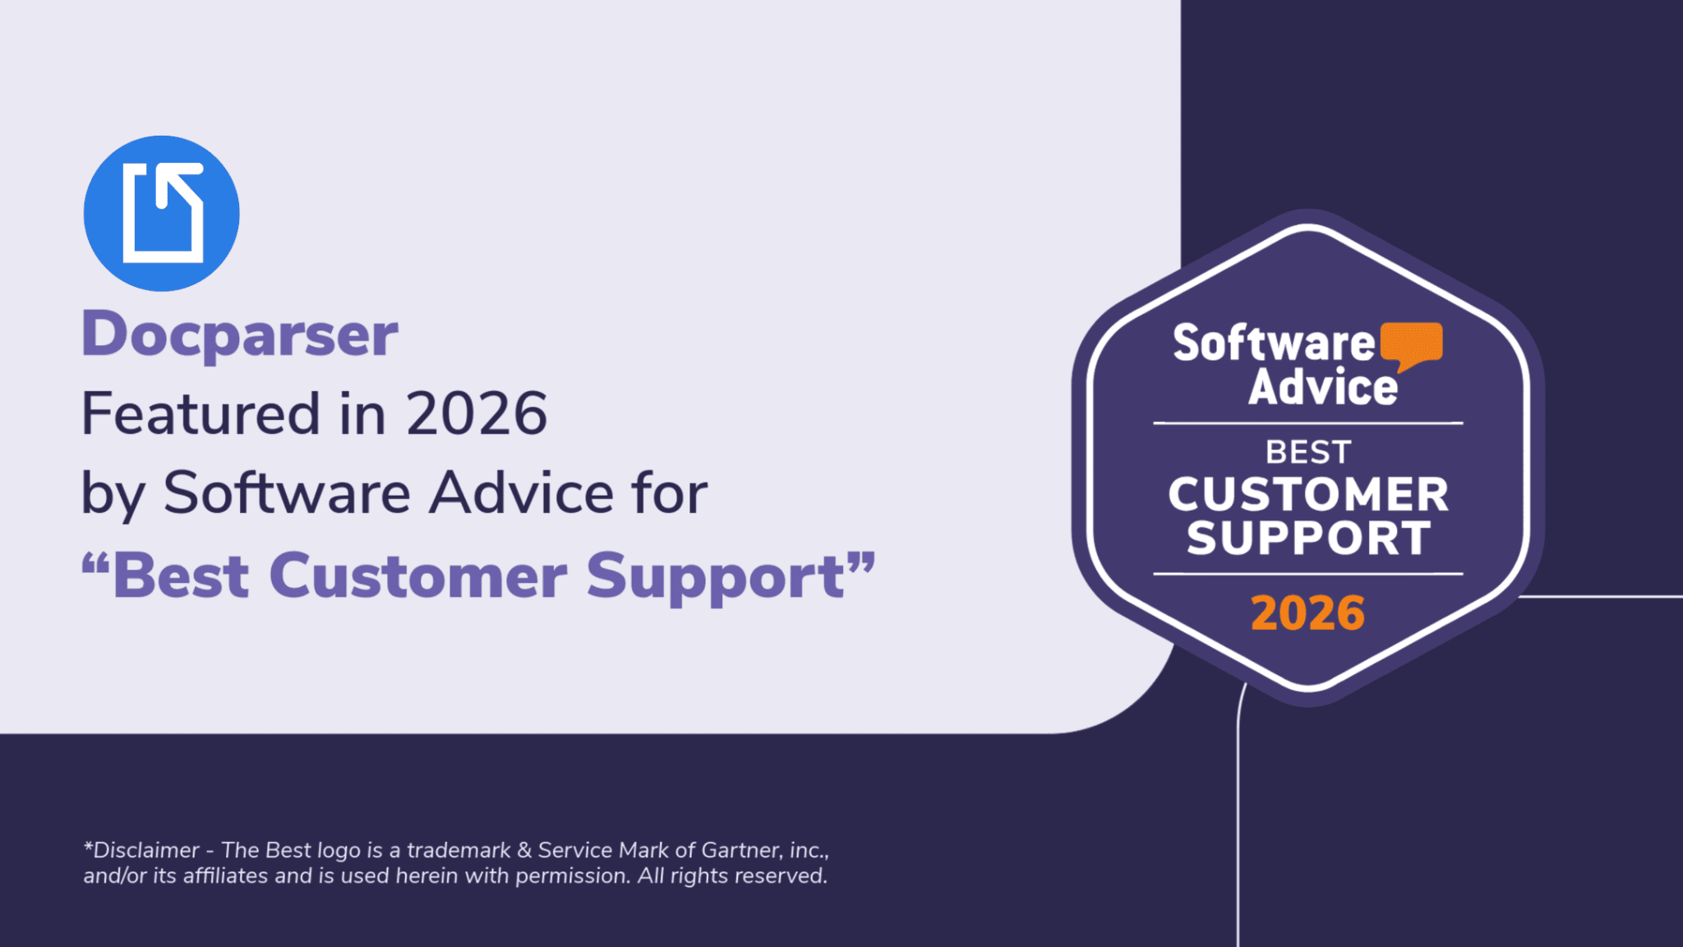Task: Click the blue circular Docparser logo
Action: click(x=161, y=214)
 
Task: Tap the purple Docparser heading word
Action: click(x=239, y=335)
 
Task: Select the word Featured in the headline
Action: click(x=201, y=413)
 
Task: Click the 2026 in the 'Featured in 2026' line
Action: click(x=477, y=413)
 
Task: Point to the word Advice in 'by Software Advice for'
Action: click(x=522, y=493)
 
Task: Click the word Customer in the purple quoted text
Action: click(x=417, y=576)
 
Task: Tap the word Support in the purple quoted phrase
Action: click(x=715, y=576)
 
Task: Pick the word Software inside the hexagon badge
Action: click(x=1273, y=343)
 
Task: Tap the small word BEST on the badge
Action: click(x=1308, y=452)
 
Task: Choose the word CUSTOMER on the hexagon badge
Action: click(x=1308, y=495)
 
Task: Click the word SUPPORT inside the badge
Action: click(x=1308, y=538)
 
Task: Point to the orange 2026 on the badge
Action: click(x=1307, y=613)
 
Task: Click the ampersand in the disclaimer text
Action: click(x=525, y=850)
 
